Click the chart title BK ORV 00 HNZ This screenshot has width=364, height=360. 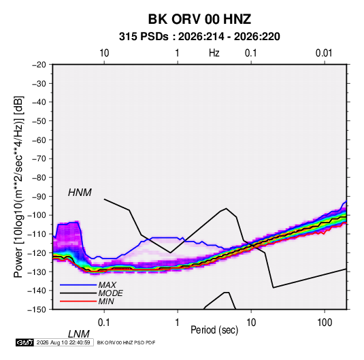pos(199,19)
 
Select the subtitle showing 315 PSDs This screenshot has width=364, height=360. pos(199,37)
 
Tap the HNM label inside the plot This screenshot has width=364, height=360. pos(80,193)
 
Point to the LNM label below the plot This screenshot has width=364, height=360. pos(78,334)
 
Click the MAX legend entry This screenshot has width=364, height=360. pos(107,284)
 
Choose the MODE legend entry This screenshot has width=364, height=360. pos(110,293)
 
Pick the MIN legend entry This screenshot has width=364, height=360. pos(106,301)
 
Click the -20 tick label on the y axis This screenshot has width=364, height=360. pos(39,65)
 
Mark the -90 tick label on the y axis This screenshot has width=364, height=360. pos(39,197)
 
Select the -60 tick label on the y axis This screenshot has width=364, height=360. pos(39,140)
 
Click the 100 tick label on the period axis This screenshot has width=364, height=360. pos(325,323)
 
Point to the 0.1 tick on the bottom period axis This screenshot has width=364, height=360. pos(104,323)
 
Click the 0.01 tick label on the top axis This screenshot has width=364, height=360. pos(324,53)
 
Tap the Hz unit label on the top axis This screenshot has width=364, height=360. pos(214,53)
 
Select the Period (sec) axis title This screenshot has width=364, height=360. pos(214,330)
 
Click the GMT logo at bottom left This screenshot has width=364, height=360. pos(24,342)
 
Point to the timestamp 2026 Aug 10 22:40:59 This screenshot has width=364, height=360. pos(63,342)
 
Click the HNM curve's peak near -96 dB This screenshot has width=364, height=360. pos(226,208)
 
